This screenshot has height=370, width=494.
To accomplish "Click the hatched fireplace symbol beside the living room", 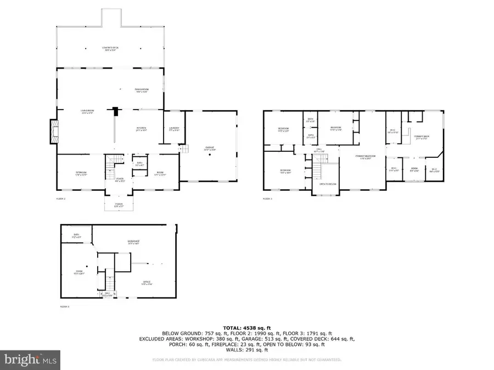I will [x=53, y=132].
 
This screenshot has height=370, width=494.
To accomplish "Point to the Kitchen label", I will [x=141, y=130].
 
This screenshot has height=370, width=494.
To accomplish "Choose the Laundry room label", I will [x=174, y=129].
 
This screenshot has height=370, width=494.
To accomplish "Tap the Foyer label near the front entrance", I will [x=120, y=179].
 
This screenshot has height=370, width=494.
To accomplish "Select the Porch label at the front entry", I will [x=118, y=204].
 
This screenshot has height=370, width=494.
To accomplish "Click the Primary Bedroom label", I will [x=363, y=157].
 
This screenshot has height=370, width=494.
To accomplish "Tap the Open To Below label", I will [x=328, y=184].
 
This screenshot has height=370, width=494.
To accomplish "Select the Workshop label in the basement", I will [x=134, y=242].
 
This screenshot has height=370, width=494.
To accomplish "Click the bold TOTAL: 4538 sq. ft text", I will [x=246, y=327].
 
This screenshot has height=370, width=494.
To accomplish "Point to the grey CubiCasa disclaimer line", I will [x=246, y=360].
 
